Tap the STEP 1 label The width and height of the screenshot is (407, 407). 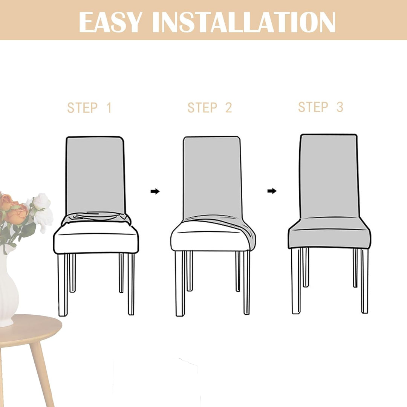coord(90,108)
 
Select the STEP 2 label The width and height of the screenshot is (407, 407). coord(210,108)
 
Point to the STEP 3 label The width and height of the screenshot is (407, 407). coord(321,107)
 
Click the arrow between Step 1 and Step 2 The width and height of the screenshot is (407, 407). coord(155,191)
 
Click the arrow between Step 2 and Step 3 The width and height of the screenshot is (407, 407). coord(272,191)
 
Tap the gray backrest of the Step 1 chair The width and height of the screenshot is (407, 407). coord(95,173)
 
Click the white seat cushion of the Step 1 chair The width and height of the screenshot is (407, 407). coord(96,239)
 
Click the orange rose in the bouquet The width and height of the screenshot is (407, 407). coord(17,214)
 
